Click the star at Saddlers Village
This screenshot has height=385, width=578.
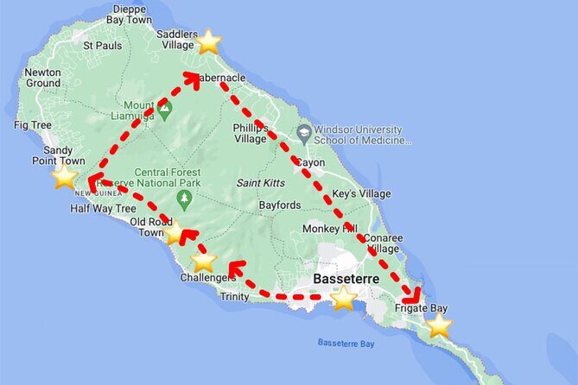[208, 41]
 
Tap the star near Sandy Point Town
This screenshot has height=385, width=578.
[65, 177]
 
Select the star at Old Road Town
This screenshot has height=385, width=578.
[175, 232]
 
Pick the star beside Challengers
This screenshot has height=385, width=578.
[203, 260]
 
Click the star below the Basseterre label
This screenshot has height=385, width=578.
[344, 299]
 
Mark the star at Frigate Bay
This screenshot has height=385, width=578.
[440, 325]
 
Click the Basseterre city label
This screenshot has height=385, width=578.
[346, 280]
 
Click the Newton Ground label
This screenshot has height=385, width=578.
[42, 78]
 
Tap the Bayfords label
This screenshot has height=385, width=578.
[280, 205]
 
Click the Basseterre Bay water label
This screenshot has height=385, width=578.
[345, 343]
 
